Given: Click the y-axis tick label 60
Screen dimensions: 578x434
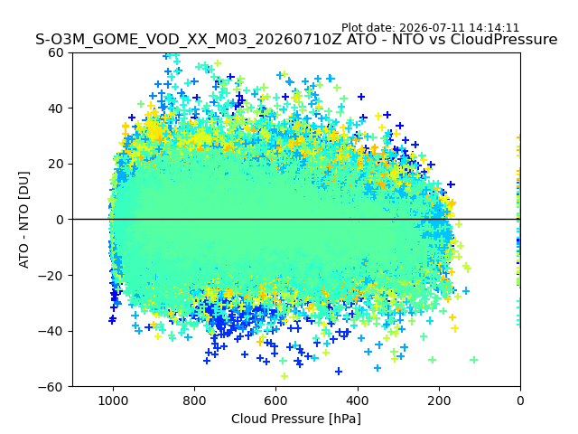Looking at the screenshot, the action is click(x=56, y=53).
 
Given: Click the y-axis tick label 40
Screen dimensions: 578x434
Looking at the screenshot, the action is click(x=56, y=108).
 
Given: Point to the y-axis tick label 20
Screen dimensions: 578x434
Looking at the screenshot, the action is click(x=56, y=165).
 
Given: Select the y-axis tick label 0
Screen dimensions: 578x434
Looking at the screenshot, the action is click(x=60, y=220).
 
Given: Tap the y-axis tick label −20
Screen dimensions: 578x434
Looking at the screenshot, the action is click(x=51, y=276).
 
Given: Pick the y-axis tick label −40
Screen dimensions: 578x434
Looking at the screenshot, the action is click(x=51, y=332).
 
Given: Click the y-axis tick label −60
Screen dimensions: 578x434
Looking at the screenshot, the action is click(x=51, y=387).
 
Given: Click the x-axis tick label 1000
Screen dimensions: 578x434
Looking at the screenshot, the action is click(x=113, y=401).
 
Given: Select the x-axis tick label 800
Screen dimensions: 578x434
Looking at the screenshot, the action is click(x=195, y=401).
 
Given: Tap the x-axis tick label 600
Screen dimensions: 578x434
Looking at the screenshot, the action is click(x=276, y=401).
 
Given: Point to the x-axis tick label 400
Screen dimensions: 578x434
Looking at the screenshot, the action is click(x=358, y=401).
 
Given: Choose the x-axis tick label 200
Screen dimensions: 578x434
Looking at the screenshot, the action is click(x=439, y=401).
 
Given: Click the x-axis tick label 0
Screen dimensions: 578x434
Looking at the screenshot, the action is click(x=520, y=401).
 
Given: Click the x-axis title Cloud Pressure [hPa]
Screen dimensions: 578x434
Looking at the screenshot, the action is click(x=296, y=420).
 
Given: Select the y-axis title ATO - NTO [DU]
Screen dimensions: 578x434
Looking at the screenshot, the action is click(x=24, y=220).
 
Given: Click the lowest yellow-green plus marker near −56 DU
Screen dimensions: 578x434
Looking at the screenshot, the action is click(x=284, y=376).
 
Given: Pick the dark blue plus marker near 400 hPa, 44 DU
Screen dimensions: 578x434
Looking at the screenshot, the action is click(x=361, y=97).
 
